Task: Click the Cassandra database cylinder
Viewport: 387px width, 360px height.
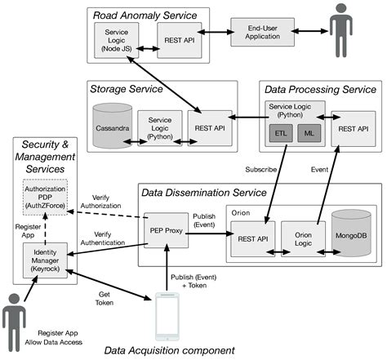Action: [111, 125]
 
